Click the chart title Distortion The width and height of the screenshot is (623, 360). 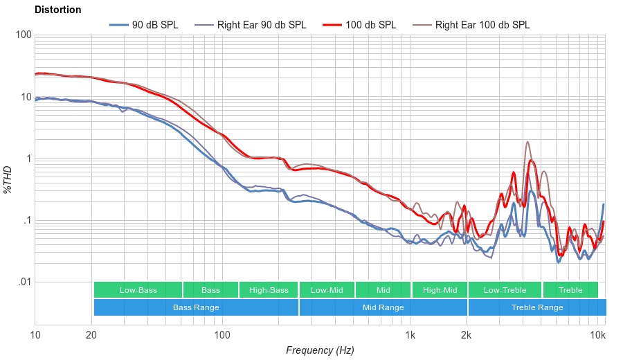click(57, 10)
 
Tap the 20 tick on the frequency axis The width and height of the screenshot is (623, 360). click(91, 336)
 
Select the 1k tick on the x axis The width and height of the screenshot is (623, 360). click(410, 336)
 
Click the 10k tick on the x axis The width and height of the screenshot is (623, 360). click(598, 336)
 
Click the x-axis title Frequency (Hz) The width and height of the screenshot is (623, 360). click(320, 350)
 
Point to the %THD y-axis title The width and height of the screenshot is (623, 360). click(8, 179)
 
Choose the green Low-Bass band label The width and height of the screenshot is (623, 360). click(138, 290)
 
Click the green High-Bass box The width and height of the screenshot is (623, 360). click(268, 290)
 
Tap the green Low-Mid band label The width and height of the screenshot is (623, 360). click(327, 290)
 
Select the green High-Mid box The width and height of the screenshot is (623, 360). click(440, 290)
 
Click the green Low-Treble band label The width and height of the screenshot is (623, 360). click(505, 290)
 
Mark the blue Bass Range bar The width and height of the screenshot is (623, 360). click(196, 307)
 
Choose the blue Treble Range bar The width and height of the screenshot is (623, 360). click(536, 307)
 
